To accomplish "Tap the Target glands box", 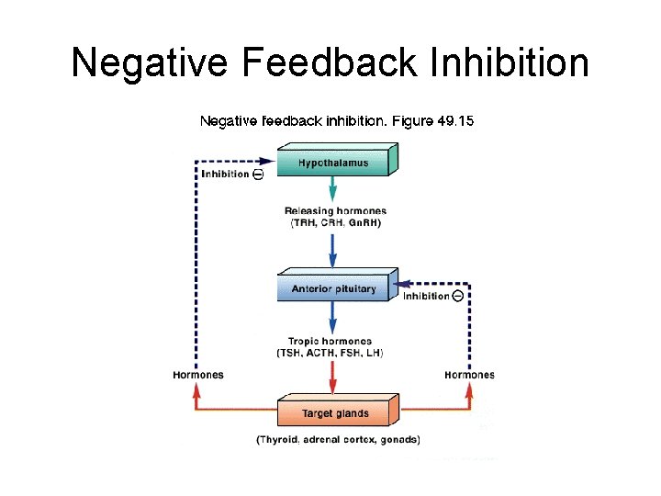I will click(336, 413).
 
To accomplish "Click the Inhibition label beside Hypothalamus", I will click(225, 175).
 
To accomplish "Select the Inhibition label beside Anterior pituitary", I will click(426, 296).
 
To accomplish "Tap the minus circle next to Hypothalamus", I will click(258, 175).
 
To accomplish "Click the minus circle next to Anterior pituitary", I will click(457, 296).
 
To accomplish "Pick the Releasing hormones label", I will click(335, 211).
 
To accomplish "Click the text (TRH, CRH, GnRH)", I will click(335, 223).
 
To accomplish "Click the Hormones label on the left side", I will click(197, 375).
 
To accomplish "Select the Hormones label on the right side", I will click(469, 375).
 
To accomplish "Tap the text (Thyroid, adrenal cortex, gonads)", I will click(338, 440).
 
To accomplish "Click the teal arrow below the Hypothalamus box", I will click(332, 191).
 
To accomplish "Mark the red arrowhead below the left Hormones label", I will click(196, 389).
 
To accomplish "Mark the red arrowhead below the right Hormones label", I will click(470, 389).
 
